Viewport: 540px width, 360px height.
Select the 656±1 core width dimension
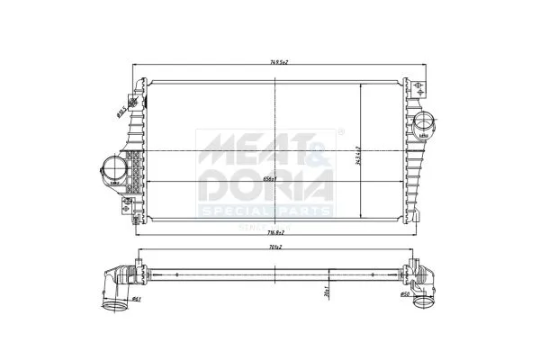268,179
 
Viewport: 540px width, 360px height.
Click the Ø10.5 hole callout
121,111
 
